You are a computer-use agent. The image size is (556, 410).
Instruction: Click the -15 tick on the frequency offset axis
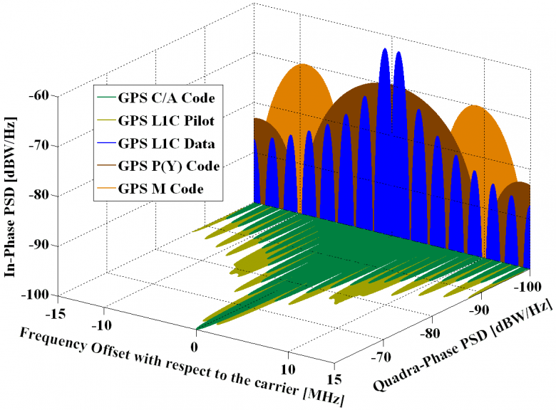[50, 314]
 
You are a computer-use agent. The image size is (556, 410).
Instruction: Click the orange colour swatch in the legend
[108, 189]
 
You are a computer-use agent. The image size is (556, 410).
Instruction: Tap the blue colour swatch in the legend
[108, 144]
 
